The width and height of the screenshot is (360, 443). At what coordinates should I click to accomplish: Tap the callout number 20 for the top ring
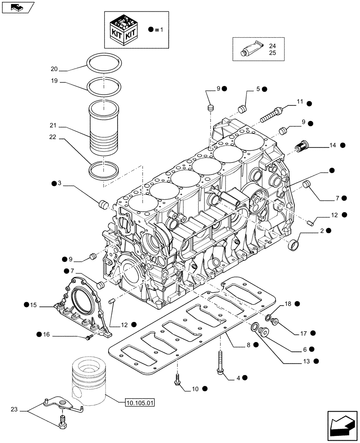54,69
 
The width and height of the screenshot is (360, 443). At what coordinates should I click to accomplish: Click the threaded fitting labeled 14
301,146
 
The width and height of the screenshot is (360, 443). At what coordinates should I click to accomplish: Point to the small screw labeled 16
89,338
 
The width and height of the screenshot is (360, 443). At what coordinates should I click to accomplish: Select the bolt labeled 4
220,363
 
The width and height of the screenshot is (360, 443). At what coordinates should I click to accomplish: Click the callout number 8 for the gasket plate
249,345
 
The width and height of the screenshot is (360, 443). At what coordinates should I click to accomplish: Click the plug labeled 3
103,205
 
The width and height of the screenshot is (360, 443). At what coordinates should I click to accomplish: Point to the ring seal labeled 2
293,244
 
